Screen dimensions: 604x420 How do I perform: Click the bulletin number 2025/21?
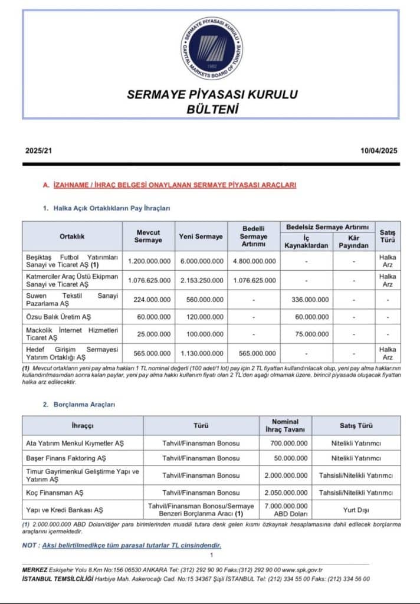[x=38, y=151]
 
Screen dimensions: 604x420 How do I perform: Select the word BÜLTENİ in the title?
[x=212, y=109]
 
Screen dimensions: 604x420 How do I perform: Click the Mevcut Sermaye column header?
[x=147, y=236]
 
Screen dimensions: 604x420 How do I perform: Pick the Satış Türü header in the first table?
[x=388, y=236]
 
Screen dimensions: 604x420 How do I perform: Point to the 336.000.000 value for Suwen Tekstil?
[x=310, y=300]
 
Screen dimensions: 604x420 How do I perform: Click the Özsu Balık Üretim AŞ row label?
[x=58, y=317]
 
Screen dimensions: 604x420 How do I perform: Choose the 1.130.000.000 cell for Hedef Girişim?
[x=201, y=353]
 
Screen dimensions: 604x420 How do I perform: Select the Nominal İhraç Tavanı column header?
[x=286, y=425]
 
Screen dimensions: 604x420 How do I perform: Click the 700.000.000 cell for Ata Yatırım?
[x=286, y=442]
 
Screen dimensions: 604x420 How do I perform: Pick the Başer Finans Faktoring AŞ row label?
[x=66, y=458]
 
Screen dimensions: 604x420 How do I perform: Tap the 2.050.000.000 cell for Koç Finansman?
[x=286, y=492]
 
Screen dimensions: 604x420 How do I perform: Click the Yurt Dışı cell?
[x=356, y=509]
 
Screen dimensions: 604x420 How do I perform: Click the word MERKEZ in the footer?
[x=35, y=570]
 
